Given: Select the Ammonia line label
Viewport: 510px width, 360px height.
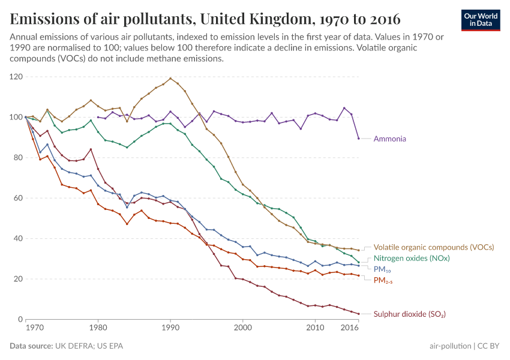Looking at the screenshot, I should (x=389, y=139).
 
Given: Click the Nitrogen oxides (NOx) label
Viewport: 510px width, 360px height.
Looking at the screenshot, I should (x=412, y=258).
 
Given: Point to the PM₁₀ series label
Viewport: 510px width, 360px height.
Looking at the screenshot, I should (x=382, y=269).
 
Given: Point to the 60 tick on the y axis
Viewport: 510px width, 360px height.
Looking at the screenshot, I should (x=18, y=198).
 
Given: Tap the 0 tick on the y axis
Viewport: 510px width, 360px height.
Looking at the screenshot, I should (x=20, y=319).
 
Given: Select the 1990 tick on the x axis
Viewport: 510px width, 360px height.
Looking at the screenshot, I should (x=170, y=329).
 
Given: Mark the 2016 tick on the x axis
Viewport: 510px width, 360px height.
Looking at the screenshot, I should (x=350, y=329).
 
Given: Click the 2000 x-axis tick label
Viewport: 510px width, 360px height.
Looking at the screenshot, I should (x=243, y=329).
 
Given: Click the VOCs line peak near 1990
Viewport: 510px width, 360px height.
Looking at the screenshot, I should (x=170, y=78).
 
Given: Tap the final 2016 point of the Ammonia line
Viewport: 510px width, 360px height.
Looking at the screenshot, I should (x=359, y=139).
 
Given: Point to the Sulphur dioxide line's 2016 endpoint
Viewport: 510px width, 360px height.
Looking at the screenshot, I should (x=359, y=314).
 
